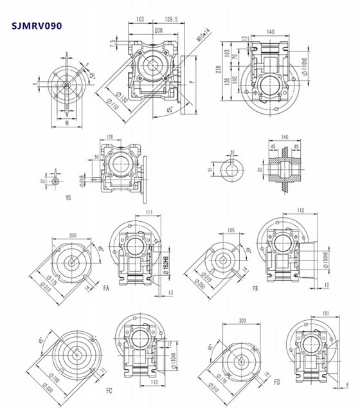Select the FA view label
click(x=106, y=289)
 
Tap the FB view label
click(x=255, y=289)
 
